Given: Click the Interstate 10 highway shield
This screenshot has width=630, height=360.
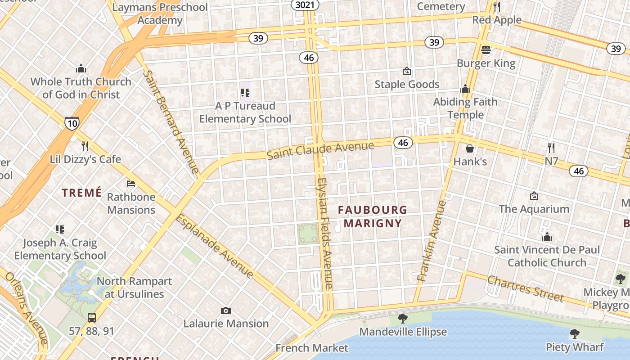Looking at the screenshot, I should (72, 123).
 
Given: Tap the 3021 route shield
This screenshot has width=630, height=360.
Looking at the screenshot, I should (306, 5).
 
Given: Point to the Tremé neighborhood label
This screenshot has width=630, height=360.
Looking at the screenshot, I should (82, 193).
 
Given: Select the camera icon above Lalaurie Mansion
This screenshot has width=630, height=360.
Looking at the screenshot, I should (226, 310).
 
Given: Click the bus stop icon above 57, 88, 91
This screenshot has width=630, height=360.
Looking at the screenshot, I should (92, 318).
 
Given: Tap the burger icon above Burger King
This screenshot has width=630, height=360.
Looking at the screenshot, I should (486, 50).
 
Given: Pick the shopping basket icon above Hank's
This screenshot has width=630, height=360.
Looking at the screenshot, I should (470, 148).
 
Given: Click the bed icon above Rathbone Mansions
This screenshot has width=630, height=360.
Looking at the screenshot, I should (131, 184).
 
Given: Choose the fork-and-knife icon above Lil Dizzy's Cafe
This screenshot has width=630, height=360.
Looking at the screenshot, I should (85, 146).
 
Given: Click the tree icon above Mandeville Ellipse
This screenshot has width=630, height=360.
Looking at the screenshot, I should (403, 319).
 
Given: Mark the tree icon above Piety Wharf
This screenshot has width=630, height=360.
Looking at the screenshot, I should (574, 334).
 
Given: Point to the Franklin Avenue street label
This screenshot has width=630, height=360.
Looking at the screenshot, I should (431, 241).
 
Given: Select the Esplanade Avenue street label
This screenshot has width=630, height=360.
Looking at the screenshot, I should (214, 246).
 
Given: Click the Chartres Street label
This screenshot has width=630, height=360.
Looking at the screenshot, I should (525, 288).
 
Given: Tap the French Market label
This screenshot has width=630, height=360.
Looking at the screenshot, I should (312, 348).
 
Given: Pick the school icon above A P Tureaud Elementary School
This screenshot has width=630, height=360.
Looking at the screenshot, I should (245, 93).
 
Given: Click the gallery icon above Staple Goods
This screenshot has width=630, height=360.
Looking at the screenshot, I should (407, 71).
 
